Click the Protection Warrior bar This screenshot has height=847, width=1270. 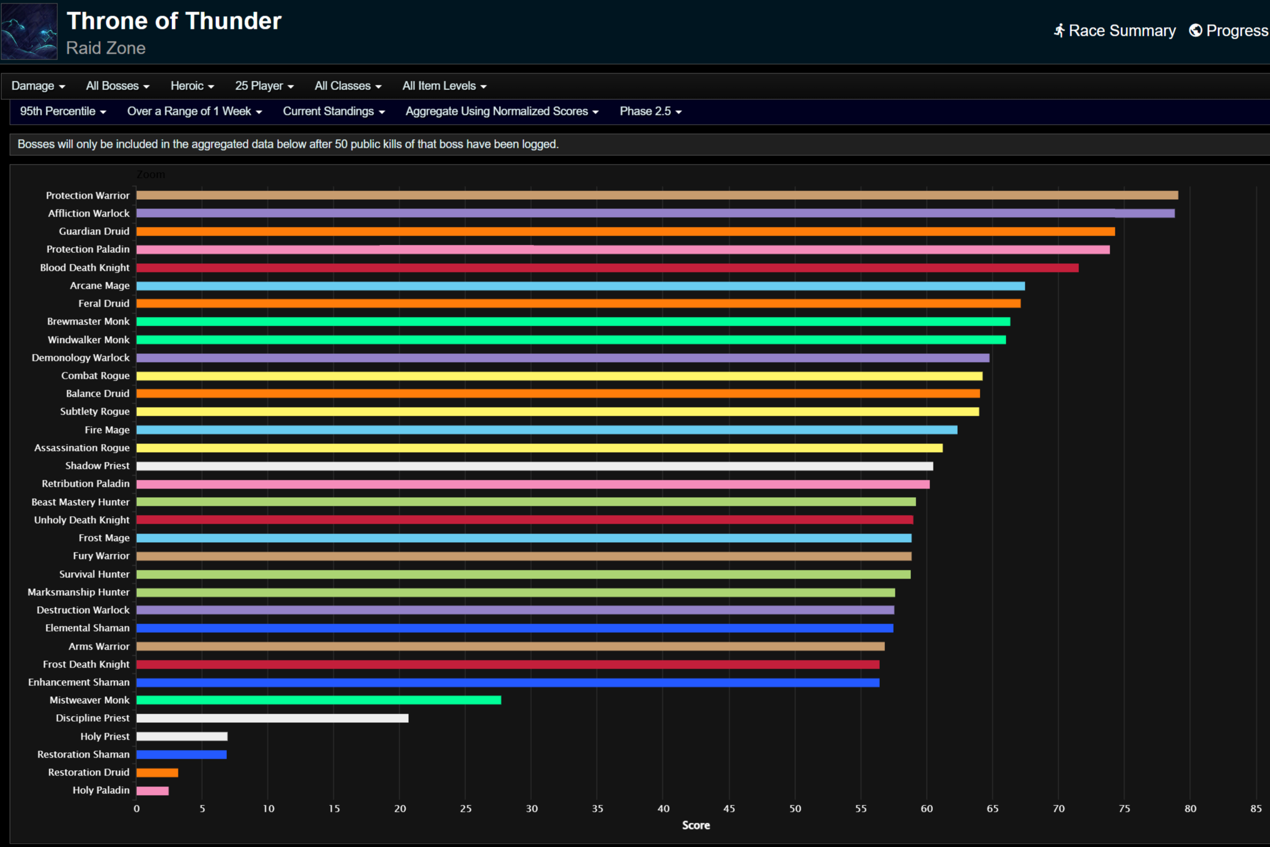pyautogui.click(x=657, y=195)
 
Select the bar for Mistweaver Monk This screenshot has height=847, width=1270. pyautogui.click(x=319, y=700)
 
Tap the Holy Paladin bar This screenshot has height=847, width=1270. pyautogui.click(x=152, y=790)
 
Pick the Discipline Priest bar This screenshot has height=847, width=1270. pyautogui.click(x=272, y=718)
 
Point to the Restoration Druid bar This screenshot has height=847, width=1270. pyautogui.click(x=157, y=773)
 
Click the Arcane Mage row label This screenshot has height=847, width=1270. pyautogui.click(x=99, y=285)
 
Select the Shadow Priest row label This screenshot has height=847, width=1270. pyautogui.click(x=97, y=465)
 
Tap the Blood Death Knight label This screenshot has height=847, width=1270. pyautogui.click(x=84, y=267)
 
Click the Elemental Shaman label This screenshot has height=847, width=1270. pyautogui.click(x=87, y=628)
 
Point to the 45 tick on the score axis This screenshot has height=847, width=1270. pyautogui.click(x=729, y=808)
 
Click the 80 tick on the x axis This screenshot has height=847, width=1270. pyautogui.click(x=1190, y=808)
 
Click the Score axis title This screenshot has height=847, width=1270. pyautogui.click(x=696, y=825)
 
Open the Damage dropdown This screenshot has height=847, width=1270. pyautogui.click(x=38, y=86)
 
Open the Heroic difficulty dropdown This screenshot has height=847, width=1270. pyautogui.click(x=192, y=86)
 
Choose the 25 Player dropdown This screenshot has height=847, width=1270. pyautogui.click(x=264, y=86)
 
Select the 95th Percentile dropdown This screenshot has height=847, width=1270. pyautogui.click(x=63, y=111)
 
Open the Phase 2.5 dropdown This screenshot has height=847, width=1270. pyautogui.click(x=651, y=111)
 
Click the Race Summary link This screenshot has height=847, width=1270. pyautogui.click(x=1115, y=31)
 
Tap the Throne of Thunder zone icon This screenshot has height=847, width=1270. pyautogui.click(x=29, y=31)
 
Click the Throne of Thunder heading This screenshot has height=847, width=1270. pyautogui.click(x=174, y=21)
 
